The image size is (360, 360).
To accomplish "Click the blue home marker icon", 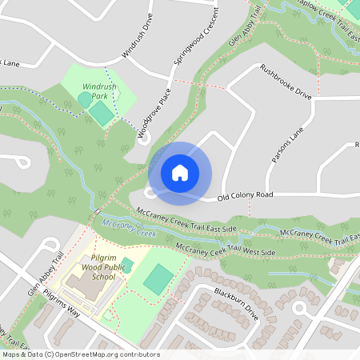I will pyautogui.click(x=179, y=173).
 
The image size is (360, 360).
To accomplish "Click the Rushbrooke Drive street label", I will pyautogui.click(x=286, y=82).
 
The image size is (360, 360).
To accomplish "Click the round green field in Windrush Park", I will pyautogui.click(x=84, y=99).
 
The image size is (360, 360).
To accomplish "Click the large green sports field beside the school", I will pyautogui.click(x=158, y=278).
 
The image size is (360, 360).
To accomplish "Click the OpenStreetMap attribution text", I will pyautogui.click(x=80, y=354).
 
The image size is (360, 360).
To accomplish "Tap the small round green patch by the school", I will pyautogui.click(x=126, y=266).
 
